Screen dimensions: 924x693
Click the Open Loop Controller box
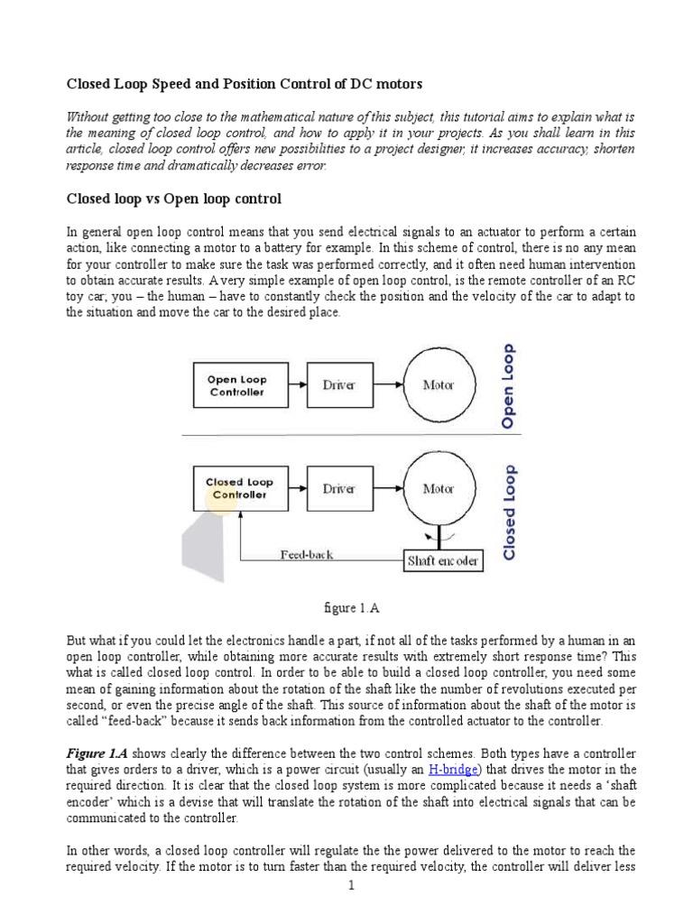[236, 386]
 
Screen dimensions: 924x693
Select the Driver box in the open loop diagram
[338, 385]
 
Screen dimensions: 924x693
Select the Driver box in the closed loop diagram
[338, 488]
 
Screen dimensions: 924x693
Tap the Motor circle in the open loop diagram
[439, 385]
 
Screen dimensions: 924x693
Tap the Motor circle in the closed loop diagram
[439, 488]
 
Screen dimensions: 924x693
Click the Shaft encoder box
[442, 561]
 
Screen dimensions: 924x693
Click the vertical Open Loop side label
[509, 384]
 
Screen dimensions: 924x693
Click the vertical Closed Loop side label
[510, 512]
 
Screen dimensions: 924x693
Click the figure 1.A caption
[346, 608]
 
